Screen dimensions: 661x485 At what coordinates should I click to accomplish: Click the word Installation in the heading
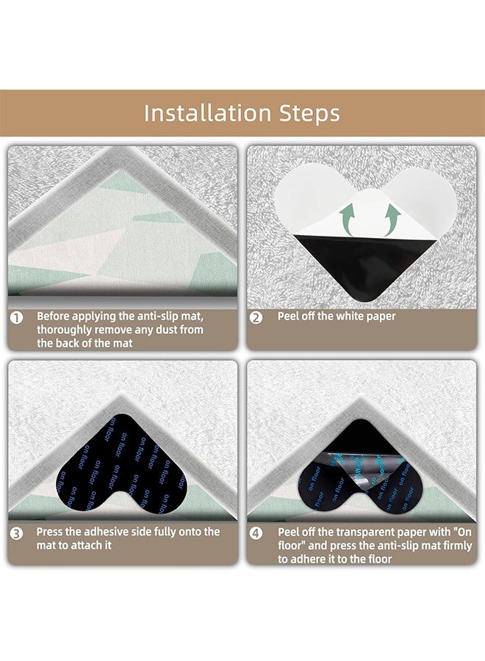[198, 113]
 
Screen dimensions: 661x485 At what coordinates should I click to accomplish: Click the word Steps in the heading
[304, 114]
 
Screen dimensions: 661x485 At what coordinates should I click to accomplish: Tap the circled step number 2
[256, 317]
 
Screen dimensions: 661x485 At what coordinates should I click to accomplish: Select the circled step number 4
[256, 532]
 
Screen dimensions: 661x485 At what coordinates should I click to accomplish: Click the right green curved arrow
[392, 218]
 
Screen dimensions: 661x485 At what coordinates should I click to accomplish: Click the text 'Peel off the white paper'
[336, 317]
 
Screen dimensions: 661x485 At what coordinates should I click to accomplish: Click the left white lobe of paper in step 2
[303, 195]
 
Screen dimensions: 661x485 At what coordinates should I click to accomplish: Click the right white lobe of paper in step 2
[432, 195]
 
